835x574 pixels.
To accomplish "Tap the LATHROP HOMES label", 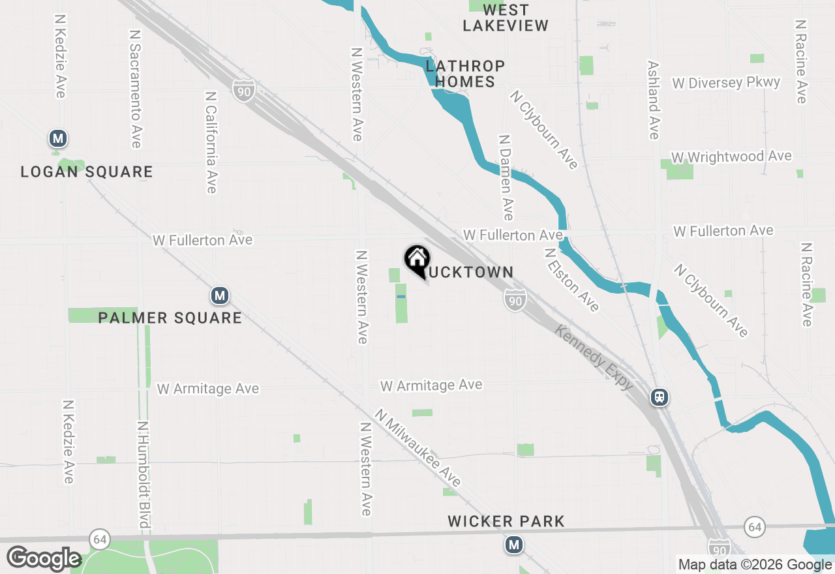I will pyautogui.click(x=465, y=74).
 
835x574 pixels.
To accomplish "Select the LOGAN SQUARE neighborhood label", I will pyautogui.click(x=87, y=172).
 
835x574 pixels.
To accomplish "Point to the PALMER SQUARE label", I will pyautogui.click(x=170, y=318).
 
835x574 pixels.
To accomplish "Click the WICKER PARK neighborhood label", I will pyautogui.click(x=506, y=521).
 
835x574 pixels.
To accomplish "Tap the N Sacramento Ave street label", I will pyautogui.click(x=136, y=88).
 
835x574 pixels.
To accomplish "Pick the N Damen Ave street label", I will pyautogui.click(x=506, y=177).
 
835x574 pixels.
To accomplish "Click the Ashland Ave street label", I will pyautogui.click(x=654, y=100).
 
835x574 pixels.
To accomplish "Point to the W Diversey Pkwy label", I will pyautogui.click(x=726, y=83).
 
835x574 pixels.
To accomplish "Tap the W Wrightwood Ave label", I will pyautogui.click(x=731, y=157).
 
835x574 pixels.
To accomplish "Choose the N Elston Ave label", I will pyautogui.click(x=571, y=279).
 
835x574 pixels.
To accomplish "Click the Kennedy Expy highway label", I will pyautogui.click(x=594, y=358).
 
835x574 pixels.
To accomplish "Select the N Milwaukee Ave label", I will pyautogui.click(x=417, y=448).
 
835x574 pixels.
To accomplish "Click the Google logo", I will pyautogui.click(x=44, y=558).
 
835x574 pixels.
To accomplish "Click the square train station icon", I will pyautogui.click(x=660, y=397).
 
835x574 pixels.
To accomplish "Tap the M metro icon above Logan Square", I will pyautogui.click(x=59, y=138).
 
